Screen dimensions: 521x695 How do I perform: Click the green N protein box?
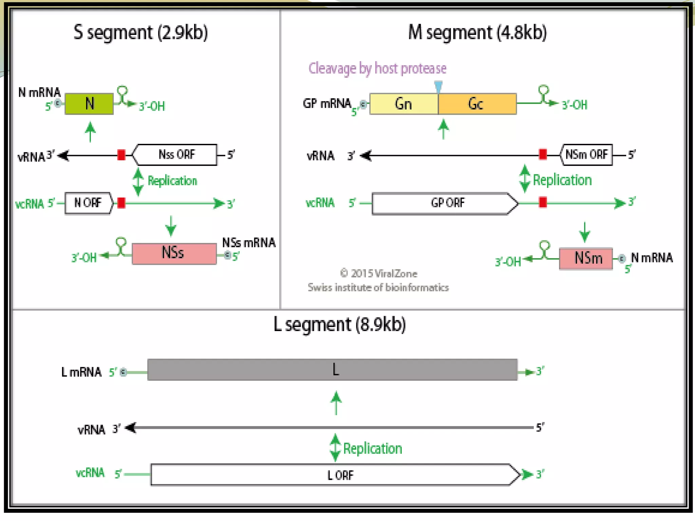(89, 104)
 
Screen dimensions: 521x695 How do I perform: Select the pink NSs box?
(174, 253)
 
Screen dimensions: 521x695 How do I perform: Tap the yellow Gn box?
(403, 104)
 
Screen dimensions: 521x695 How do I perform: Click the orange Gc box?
(477, 104)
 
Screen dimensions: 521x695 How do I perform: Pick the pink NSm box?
(586, 258)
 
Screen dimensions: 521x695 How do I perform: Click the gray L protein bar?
(332, 370)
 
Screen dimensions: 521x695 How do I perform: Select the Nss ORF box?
(176, 155)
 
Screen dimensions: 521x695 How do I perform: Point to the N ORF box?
(88, 203)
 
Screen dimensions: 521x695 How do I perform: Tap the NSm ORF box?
(586, 155)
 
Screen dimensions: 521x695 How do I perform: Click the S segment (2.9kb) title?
(140, 33)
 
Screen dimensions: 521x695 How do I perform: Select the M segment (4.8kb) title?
(477, 33)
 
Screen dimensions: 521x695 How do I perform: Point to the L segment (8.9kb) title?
(339, 325)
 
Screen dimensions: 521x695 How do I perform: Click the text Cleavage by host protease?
(377, 69)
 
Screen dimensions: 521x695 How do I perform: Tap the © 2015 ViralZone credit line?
(378, 273)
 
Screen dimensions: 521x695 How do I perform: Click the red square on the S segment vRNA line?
(121, 155)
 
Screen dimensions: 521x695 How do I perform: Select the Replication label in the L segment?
(372, 449)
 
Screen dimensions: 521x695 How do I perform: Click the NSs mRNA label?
(249, 243)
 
